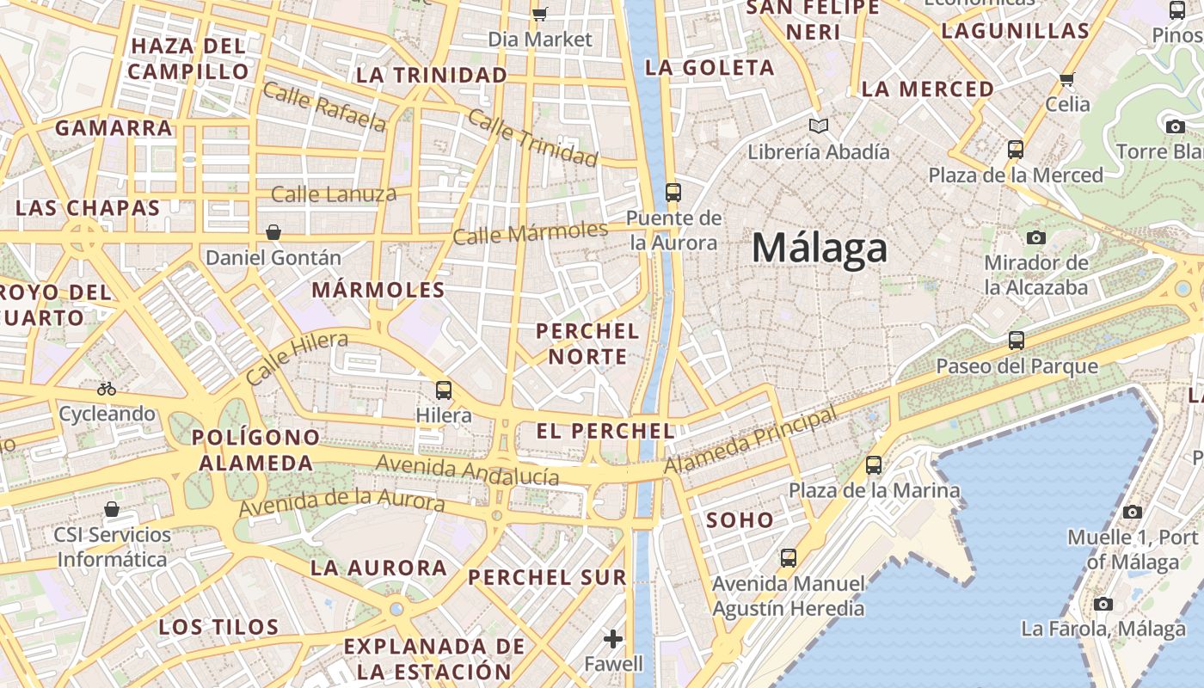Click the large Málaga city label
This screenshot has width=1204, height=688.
click(819, 249)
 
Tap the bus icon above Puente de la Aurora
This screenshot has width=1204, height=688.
click(673, 192)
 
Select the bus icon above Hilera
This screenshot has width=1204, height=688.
click(444, 390)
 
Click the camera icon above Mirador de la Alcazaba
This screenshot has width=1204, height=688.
click(1036, 237)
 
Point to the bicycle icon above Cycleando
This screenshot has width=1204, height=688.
click(107, 389)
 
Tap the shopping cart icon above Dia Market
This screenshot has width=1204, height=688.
click(540, 14)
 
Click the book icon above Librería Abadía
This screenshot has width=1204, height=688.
click(819, 126)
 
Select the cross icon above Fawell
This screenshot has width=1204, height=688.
click(613, 639)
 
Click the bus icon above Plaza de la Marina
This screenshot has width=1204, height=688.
click(874, 465)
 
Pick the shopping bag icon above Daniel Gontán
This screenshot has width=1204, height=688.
click(273, 232)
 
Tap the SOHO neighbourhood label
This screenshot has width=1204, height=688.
click(740, 520)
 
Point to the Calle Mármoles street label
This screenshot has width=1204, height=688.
click(530, 232)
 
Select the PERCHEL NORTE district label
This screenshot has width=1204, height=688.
click(588, 343)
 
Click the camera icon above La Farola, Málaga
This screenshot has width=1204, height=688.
click(1103, 604)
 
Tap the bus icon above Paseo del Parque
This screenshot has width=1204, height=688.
click(1017, 341)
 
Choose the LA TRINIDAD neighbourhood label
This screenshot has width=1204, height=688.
click(432, 76)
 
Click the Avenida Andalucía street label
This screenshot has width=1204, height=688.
click(468, 470)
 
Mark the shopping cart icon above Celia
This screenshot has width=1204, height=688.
click(1067, 79)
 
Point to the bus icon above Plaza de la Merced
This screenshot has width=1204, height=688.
click(1016, 150)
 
